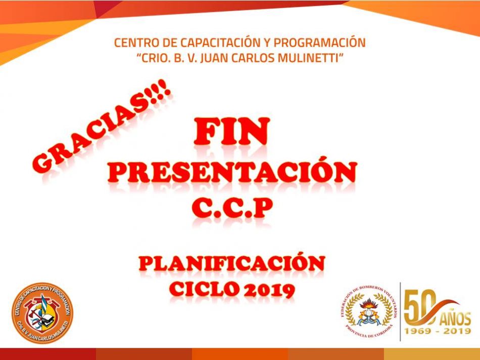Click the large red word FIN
232,131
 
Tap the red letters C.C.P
232,208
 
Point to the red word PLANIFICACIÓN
232,263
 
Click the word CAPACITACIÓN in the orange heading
217,42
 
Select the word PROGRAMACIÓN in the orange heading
320,42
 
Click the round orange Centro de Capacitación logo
42,313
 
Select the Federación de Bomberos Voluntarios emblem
369,312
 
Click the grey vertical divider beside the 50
400,312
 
